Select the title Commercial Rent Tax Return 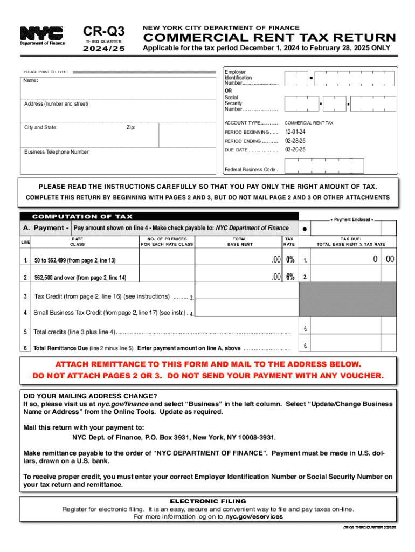pos(268,38)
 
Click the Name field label pos(31,81)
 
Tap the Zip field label pos(131,128)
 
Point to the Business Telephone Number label pos(57,152)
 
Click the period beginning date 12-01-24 pos(295,132)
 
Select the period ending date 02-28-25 pos(295,141)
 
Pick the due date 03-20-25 pos(295,149)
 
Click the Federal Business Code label pos(251,170)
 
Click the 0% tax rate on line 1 pos(290,260)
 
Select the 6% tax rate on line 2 pos(290,277)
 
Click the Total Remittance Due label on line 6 pos(57,348)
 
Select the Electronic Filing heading pos(207,501)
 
